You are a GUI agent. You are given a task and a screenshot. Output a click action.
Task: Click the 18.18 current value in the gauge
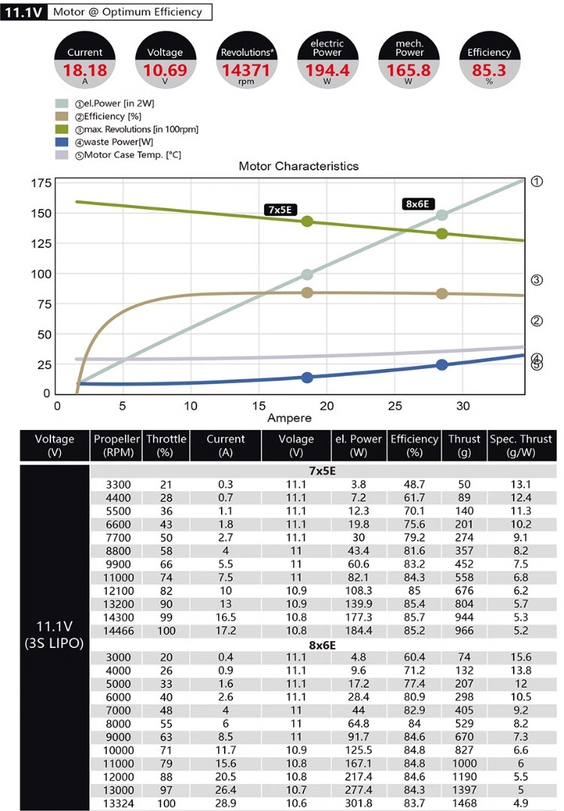(84, 70)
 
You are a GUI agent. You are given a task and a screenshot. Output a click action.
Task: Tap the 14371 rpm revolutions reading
(246, 70)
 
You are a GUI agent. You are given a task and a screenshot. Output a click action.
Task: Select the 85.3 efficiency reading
(489, 70)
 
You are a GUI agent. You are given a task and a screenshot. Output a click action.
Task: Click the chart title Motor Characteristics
(299, 166)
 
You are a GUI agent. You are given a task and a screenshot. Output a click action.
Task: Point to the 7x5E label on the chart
(280, 209)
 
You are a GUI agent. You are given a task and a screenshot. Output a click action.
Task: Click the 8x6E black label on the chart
(417, 204)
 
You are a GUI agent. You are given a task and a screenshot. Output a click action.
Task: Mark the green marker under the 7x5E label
(307, 222)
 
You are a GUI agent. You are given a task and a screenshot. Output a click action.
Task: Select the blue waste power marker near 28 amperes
(442, 365)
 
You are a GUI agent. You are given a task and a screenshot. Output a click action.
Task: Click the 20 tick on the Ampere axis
(326, 406)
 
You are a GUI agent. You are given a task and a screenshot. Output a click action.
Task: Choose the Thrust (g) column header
(464, 445)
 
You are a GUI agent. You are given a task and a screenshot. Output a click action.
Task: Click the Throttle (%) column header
(165, 445)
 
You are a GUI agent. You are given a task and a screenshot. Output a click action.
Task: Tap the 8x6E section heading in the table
(322, 644)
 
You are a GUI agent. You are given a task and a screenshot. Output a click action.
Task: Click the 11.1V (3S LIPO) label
(55, 634)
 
